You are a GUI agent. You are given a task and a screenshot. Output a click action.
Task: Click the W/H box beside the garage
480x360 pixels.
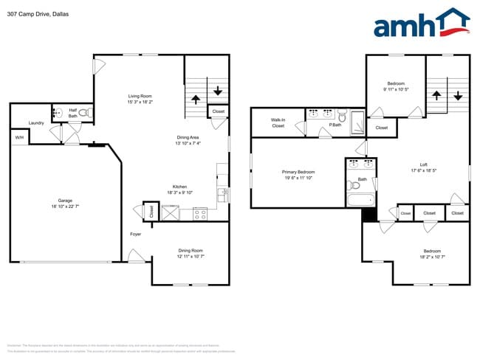pyautogui.click(x=18, y=138)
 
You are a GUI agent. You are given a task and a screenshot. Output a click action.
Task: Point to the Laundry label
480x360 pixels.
pyautogui.click(x=36, y=123)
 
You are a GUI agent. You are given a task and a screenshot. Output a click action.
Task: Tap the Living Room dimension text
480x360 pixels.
pyautogui.click(x=140, y=101)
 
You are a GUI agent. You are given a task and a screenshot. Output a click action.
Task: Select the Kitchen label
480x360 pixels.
pyautogui.click(x=180, y=187)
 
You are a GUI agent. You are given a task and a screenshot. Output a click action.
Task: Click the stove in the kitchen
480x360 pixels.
pyautogui.click(x=199, y=214)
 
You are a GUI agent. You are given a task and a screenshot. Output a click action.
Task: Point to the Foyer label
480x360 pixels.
pyautogui.click(x=136, y=234)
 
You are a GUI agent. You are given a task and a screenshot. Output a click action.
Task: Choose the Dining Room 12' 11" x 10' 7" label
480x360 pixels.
pyautogui.click(x=190, y=253)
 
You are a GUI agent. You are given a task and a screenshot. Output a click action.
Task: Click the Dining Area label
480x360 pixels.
pyautogui.click(x=188, y=138)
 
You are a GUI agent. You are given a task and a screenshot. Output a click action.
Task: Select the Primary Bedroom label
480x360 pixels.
pyautogui.click(x=300, y=174)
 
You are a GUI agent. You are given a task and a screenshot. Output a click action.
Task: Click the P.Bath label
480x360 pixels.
pyautogui.click(x=334, y=125)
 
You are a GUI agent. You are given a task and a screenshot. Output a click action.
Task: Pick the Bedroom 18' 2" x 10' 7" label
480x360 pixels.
pyautogui.click(x=432, y=254)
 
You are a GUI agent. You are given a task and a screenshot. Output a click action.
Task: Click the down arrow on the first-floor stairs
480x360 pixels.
pyautogui.click(x=219, y=91)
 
